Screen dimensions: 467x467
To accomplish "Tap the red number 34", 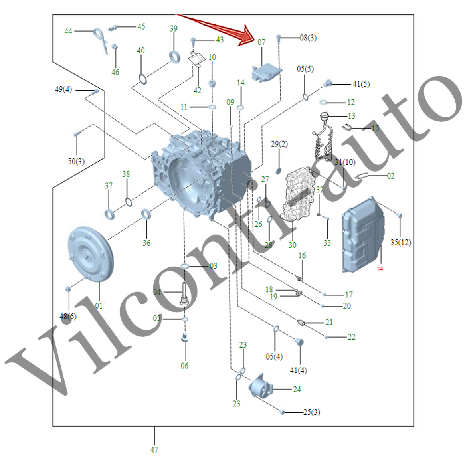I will [x=380, y=269].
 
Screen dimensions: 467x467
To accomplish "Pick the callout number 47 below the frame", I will [x=154, y=450].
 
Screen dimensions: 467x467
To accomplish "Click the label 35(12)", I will [x=400, y=243].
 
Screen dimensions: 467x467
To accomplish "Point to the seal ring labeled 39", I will [x=174, y=57].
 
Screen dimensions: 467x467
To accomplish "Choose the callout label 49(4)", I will [x=63, y=89].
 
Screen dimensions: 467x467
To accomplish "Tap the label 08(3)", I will [x=308, y=38].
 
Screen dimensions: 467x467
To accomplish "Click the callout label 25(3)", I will [x=311, y=412].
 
